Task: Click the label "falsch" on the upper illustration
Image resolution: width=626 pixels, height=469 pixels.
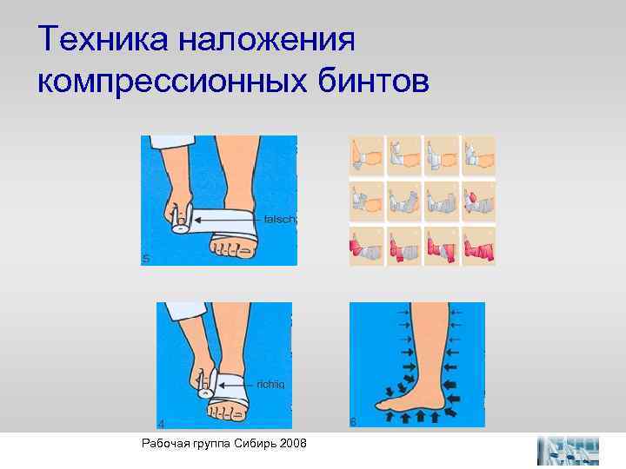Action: pos(280,220)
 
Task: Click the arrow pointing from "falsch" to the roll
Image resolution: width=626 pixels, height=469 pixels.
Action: pos(235,220)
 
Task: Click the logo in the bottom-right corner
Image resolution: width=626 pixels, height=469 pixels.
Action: pos(568,451)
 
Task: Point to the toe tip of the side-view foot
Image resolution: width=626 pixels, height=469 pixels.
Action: pos(379,405)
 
